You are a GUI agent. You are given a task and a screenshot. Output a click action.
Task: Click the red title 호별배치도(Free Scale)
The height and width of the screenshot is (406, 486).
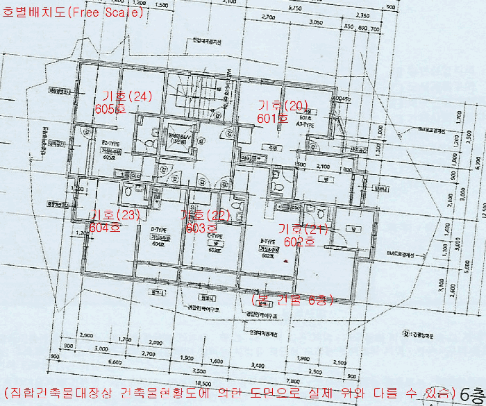pyautogui.click(x=73, y=11)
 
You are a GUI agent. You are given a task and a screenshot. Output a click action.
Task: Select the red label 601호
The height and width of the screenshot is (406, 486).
pyautogui.click(x=272, y=119)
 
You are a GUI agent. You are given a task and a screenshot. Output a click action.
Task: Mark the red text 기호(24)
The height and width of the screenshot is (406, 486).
pyautogui.click(x=126, y=96)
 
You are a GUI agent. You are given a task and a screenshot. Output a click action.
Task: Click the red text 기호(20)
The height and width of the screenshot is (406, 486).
pyautogui.click(x=282, y=105)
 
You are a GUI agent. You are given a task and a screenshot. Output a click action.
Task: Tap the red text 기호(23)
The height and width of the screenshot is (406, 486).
pyautogui.click(x=116, y=214)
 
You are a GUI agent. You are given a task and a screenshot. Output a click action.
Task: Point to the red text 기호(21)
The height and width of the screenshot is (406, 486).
pyautogui.click(x=302, y=228)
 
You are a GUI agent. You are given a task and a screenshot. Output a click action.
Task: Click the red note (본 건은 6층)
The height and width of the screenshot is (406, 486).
pyautogui.click(x=292, y=299)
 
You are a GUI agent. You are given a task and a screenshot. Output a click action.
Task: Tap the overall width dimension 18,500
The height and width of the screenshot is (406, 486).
pyautogui.click(x=203, y=382)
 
